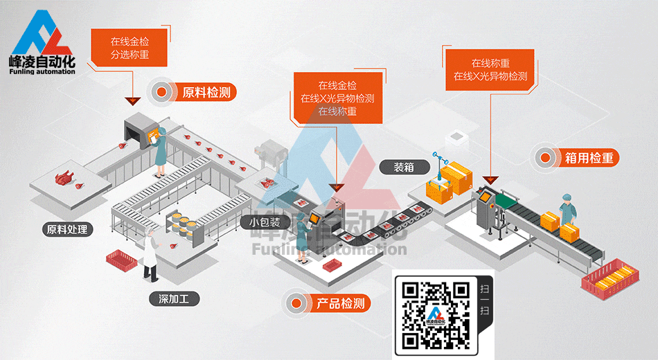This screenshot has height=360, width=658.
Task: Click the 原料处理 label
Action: (x=67, y=229)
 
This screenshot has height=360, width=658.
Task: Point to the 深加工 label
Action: (x=174, y=299)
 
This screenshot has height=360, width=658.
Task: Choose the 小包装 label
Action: (x=265, y=222)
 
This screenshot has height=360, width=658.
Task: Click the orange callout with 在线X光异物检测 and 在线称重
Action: (x=337, y=98)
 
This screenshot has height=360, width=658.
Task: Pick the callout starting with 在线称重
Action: (x=490, y=69)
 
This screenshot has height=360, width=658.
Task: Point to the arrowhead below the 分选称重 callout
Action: (x=131, y=101)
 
